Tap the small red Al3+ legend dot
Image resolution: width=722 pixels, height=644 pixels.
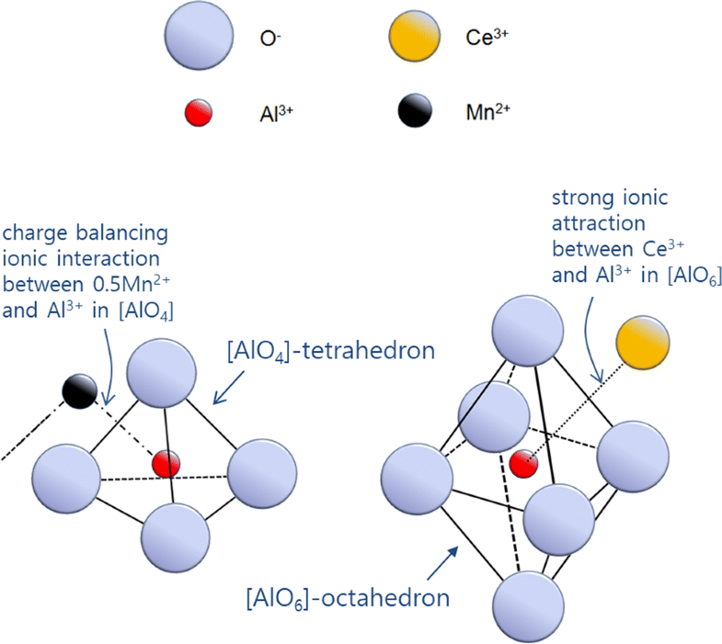(x=200, y=113)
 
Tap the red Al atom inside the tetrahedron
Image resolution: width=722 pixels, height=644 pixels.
(x=166, y=463)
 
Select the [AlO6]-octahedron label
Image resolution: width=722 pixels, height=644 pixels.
(x=347, y=599)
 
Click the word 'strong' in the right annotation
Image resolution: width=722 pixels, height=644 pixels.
(x=578, y=199)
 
